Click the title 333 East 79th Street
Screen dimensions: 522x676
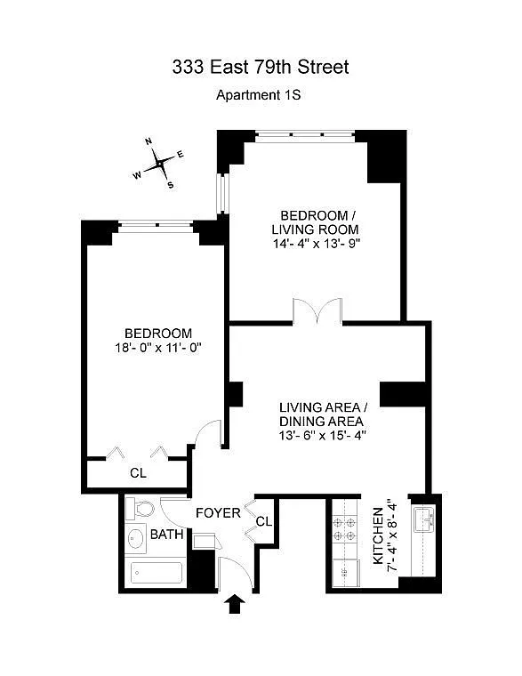[261, 68]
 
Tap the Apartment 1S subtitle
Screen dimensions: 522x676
[258, 95]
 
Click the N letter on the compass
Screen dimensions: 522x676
[149, 141]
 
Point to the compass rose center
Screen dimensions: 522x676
[160, 164]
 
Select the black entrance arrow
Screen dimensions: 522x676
[235, 604]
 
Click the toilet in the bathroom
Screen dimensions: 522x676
[140, 509]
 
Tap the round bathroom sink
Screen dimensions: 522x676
[137, 538]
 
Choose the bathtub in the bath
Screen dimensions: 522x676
[156, 573]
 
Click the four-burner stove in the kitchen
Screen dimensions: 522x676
[345, 529]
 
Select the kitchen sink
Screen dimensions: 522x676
[424, 520]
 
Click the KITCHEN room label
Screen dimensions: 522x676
[378, 535]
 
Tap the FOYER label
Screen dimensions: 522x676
[218, 513]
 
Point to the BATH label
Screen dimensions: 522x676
[167, 535]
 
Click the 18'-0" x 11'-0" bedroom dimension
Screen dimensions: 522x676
[158, 348]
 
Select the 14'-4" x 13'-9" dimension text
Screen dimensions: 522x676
[317, 244]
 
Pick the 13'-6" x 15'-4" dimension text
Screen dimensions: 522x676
[323, 436]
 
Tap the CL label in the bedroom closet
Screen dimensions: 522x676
[138, 473]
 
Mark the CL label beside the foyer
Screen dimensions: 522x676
[264, 521]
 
